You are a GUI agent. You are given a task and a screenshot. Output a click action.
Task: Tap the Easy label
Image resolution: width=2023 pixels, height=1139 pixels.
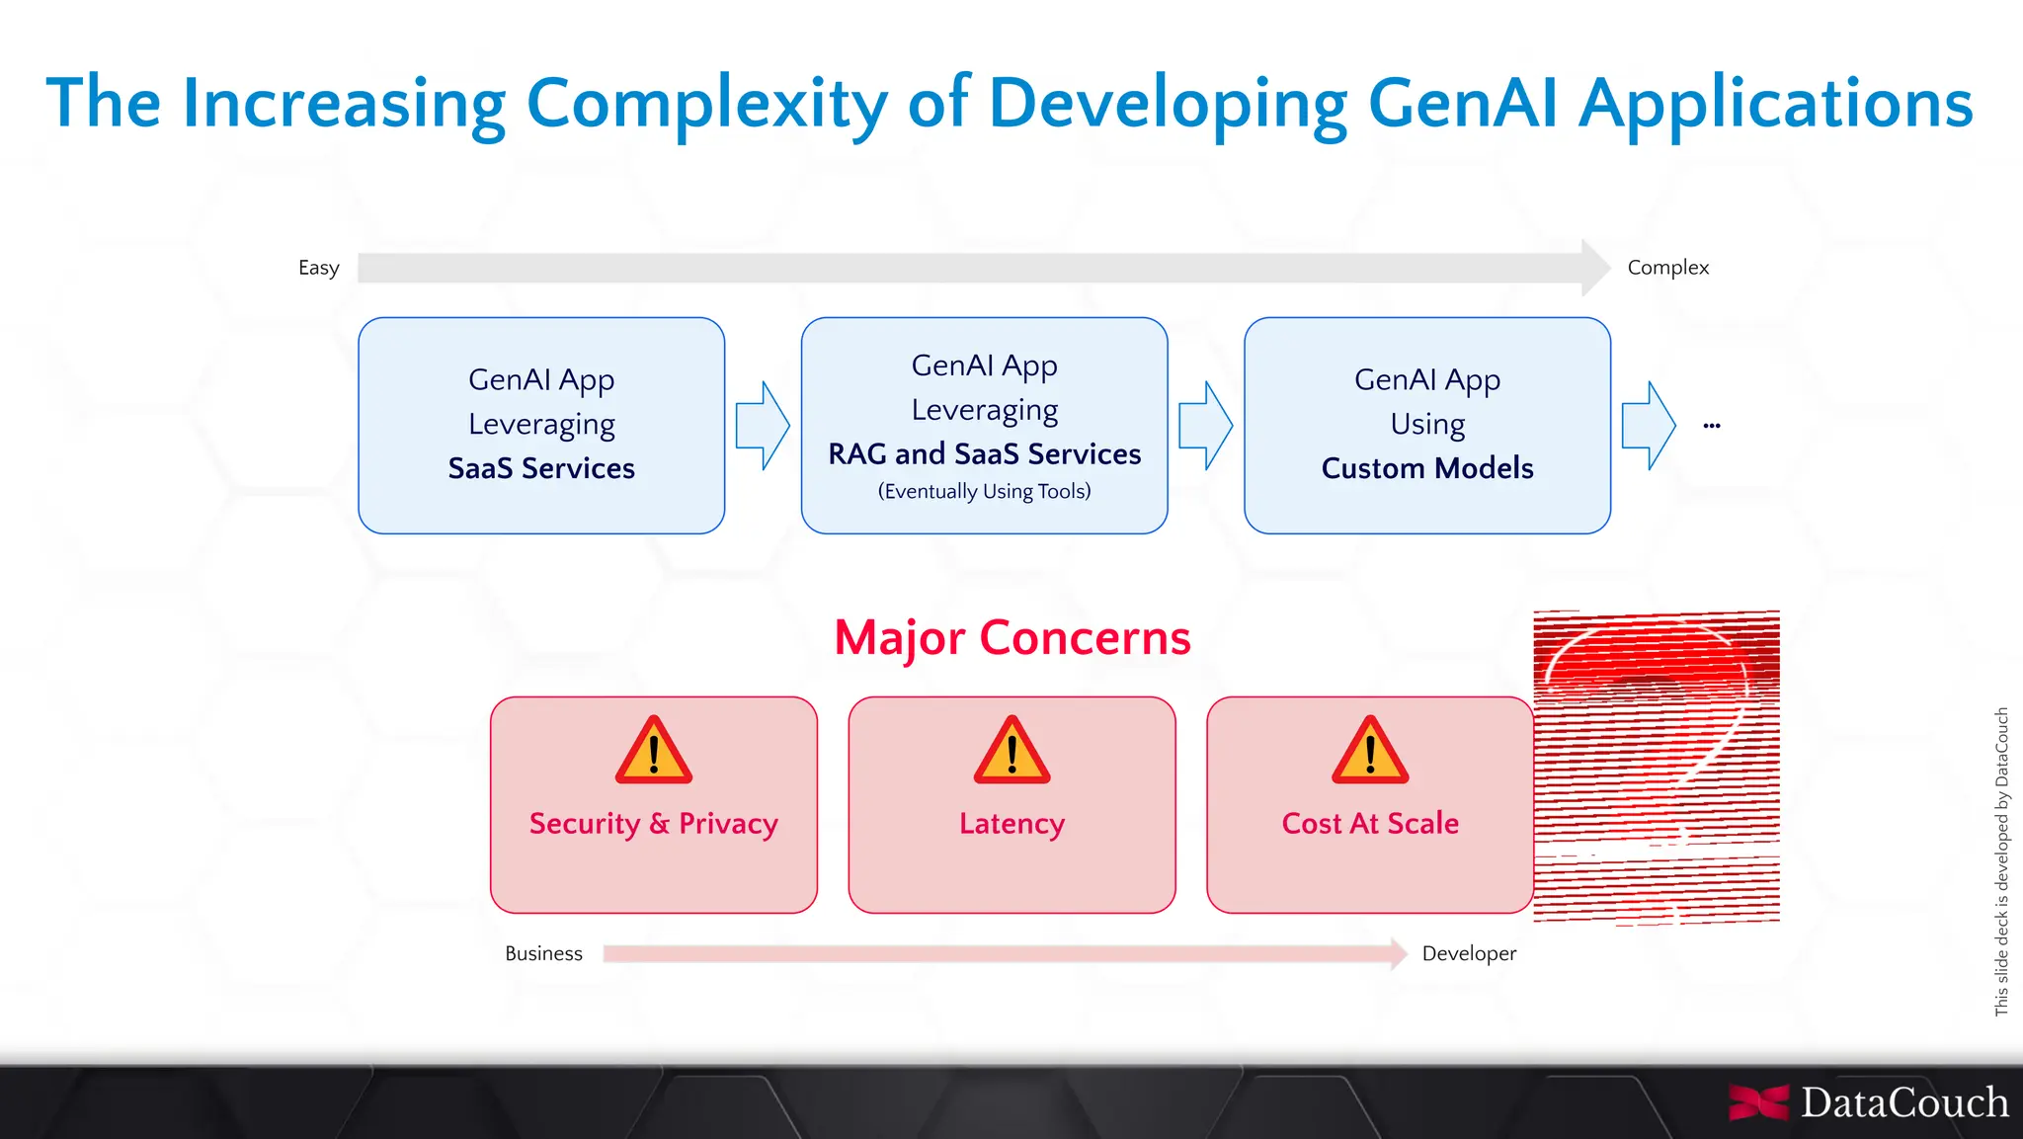click(318, 268)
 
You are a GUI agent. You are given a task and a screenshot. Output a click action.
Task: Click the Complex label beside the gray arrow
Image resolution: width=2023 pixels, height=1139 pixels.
click(1667, 268)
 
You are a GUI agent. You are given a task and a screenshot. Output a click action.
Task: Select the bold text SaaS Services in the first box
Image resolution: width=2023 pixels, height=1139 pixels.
click(541, 468)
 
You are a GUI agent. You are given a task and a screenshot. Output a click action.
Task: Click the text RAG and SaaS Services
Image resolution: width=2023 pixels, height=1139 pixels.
click(984, 453)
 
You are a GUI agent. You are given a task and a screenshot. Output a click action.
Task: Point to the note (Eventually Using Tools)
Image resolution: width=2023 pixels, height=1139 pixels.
click(984, 491)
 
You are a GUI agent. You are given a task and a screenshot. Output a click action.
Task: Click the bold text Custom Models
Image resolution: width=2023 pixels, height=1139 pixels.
click(1427, 468)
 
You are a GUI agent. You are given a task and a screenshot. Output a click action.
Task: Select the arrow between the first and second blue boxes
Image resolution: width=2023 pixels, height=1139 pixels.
click(763, 426)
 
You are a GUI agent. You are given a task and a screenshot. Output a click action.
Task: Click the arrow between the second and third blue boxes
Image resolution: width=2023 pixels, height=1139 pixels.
click(1205, 426)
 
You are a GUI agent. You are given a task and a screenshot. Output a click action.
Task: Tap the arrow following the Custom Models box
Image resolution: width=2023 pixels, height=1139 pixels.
click(1649, 426)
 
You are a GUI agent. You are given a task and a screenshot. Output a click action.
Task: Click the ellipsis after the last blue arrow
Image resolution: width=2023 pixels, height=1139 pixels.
click(1712, 426)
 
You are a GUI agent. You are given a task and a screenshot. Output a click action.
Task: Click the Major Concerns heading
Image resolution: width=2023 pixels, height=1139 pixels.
click(1012, 637)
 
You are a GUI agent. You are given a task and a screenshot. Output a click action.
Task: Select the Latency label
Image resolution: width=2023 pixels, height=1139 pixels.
click(1011, 823)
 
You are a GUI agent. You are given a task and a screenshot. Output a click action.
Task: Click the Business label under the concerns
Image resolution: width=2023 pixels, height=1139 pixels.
click(543, 953)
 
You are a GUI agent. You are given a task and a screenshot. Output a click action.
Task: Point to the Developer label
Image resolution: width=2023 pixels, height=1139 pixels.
click(1469, 953)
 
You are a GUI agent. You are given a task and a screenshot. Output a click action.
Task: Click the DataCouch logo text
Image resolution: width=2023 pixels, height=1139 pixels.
click(1903, 1102)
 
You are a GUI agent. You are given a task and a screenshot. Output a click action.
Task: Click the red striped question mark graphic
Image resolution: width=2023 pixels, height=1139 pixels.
click(1658, 766)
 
